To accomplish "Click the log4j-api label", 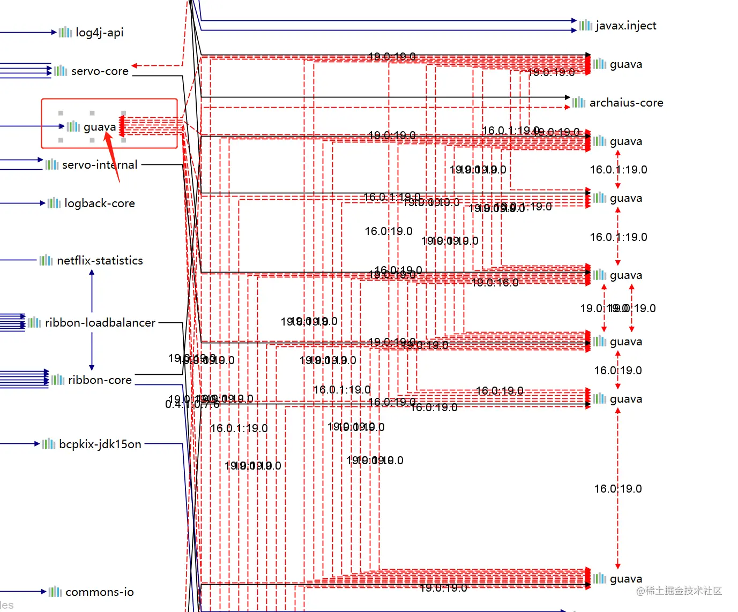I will tap(99, 33).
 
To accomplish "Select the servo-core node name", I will tap(100, 71).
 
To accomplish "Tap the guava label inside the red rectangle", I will tap(100, 127).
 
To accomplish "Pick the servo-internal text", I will tap(100, 165).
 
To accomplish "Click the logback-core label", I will tap(100, 203).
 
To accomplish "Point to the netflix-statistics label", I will tap(100, 261).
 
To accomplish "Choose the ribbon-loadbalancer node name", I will tap(100, 323).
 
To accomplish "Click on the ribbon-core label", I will tap(100, 380).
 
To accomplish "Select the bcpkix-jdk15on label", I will tap(100, 444).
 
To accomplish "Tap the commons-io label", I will tap(100, 592).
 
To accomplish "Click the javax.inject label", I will tap(625, 26).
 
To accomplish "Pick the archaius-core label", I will tap(626, 103).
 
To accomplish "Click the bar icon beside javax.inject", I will tap(585, 25).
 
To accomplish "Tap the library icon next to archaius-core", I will tap(579, 102).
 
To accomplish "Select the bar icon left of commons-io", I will tap(55, 592).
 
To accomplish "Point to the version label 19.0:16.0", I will tap(495, 283).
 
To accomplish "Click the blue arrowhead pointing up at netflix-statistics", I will tap(92, 273).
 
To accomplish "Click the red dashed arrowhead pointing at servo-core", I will tap(135, 66).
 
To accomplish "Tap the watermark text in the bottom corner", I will tap(679, 591).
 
